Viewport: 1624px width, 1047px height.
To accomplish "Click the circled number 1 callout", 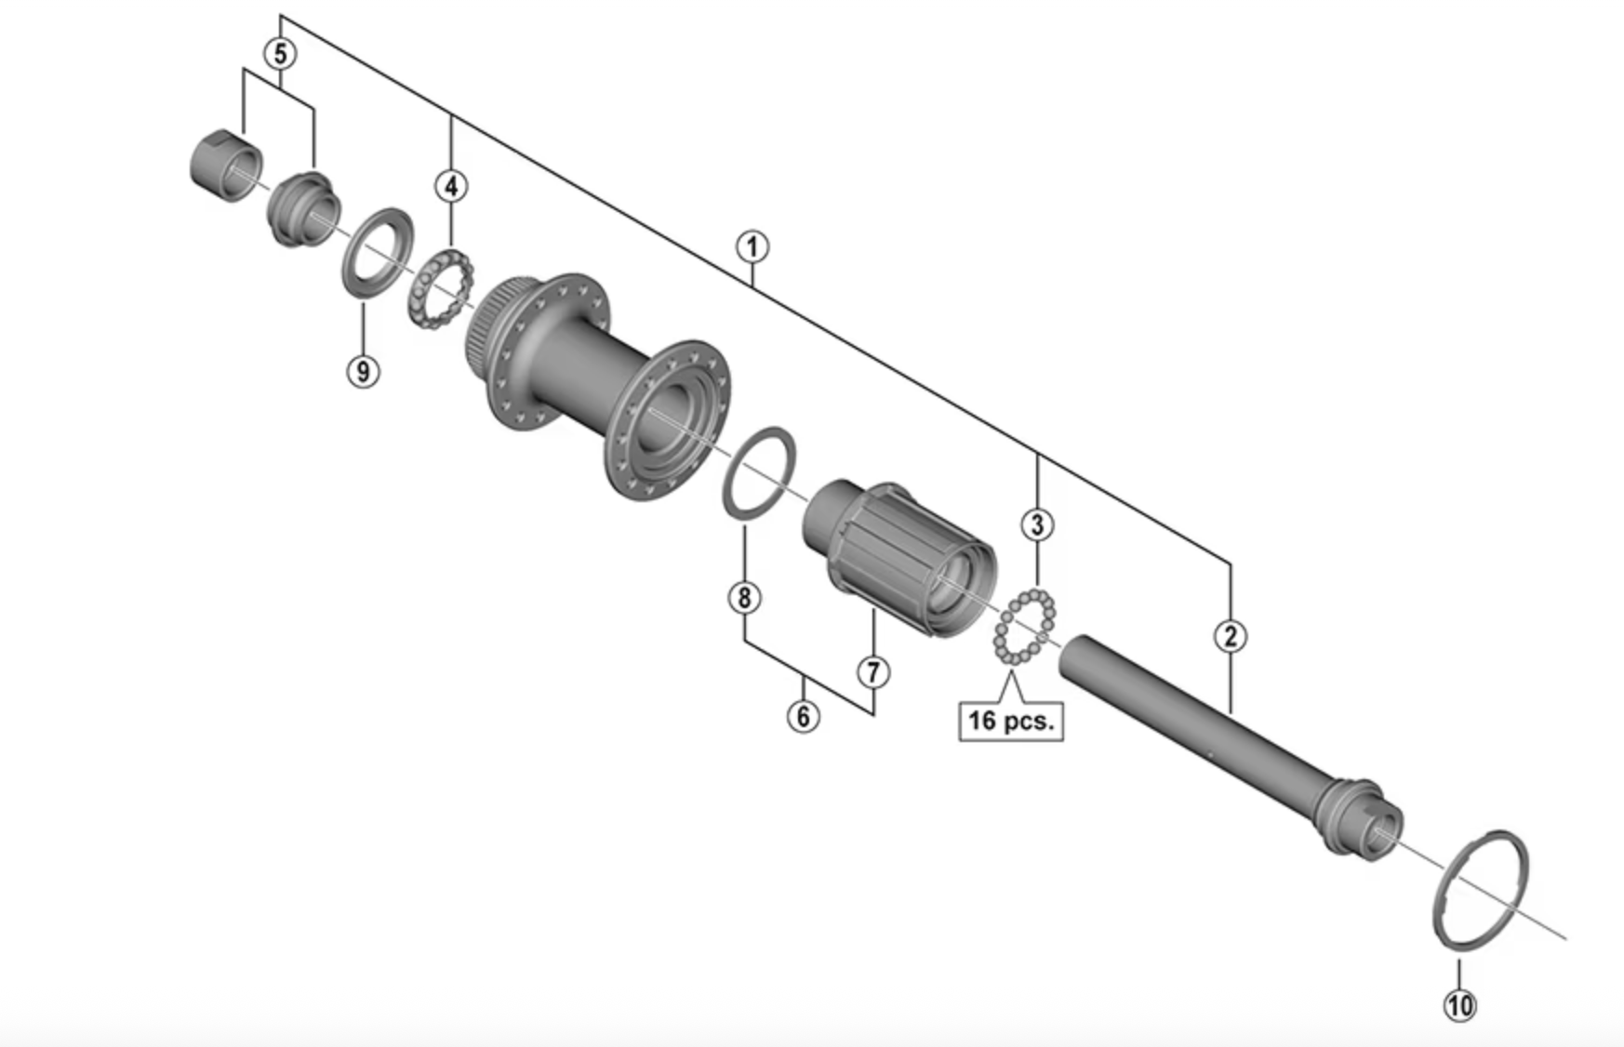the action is tap(752, 247).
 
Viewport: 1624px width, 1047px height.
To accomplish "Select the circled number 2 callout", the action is tap(1231, 636).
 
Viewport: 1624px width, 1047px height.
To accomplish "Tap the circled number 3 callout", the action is tap(1038, 524).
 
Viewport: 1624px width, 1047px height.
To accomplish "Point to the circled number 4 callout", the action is tap(451, 186).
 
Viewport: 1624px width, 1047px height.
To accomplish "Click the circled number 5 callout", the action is tap(280, 53).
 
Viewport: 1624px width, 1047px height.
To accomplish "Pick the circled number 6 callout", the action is tap(804, 716).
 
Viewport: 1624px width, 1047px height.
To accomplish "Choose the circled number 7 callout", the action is tap(872, 671).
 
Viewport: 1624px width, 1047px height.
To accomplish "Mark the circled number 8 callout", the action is tap(744, 597).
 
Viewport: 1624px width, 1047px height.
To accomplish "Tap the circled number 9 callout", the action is tap(363, 371).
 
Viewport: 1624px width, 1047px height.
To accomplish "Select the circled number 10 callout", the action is tap(1459, 1004).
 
